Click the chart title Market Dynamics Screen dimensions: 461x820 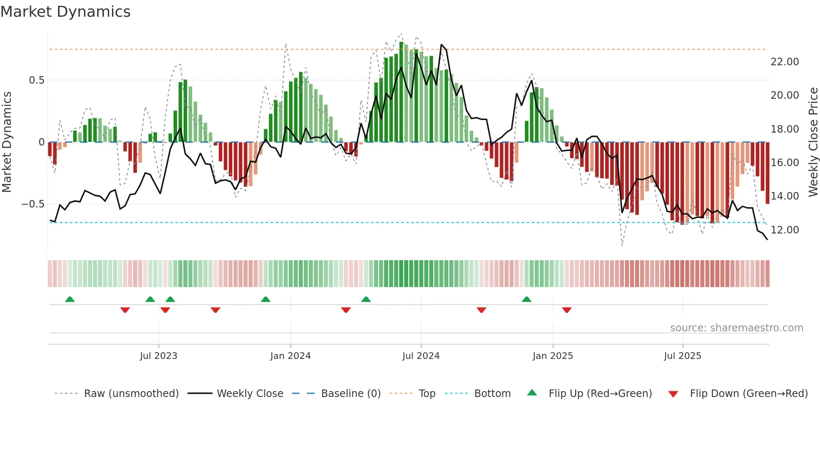coord(65,12)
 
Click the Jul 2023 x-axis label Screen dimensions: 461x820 coord(159,356)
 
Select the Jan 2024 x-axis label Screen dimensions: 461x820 coord(290,356)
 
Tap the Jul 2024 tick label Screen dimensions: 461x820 coord(421,356)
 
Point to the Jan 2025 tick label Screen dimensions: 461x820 coord(553,356)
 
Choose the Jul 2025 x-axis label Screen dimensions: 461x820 coord(682,356)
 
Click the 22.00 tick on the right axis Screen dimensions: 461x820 coord(784,62)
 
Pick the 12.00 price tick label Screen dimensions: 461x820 coord(784,230)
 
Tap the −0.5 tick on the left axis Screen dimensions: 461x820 coord(33,204)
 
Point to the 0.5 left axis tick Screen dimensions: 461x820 coord(36,80)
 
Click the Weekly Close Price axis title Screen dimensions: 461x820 coord(813,142)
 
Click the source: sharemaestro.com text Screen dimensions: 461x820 coord(736,328)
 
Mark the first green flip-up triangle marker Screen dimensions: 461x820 coord(70,300)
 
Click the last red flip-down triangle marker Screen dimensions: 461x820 coord(566,310)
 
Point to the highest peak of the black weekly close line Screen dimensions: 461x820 coord(441,44)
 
